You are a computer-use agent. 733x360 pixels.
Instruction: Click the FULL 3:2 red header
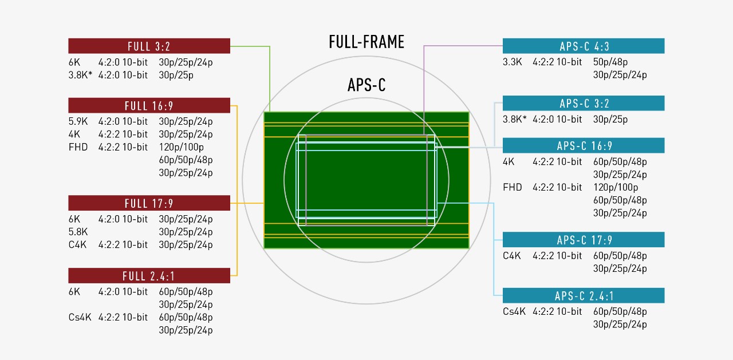pyautogui.click(x=149, y=46)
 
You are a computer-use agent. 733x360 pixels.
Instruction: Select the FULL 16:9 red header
pyautogui.click(x=149, y=106)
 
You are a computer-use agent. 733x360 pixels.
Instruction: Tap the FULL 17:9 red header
pyautogui.click(x=149, y=203)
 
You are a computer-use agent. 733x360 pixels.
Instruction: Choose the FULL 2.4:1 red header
pyautogui.click(x=149, y=276)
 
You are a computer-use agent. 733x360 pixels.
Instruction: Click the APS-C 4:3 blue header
pyautogui.click(x=583, y=46)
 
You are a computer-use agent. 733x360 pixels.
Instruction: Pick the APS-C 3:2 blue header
pyautogui.click(x=583, y=104)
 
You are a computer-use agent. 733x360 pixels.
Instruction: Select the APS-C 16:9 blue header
pyautogui.click(x=583, y=146)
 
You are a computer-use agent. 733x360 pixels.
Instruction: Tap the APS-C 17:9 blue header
pyautogui.click(x=583, y=240)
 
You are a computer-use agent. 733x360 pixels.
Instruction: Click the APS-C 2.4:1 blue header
pyautogui.click(x=583, y=296)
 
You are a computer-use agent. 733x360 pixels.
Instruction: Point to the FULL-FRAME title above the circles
pyautogui.click(x=366, y=42)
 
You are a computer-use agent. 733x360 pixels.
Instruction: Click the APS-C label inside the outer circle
pyautogui.click(x=366, y=85)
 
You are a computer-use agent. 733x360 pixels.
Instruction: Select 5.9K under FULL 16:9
pyautogui.click(x=78, y=121)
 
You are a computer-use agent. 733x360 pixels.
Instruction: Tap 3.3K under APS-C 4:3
pyautogui.click(x=513, y=62)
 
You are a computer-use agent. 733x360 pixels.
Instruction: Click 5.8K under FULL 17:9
pyautogui.click(x=78, y=232)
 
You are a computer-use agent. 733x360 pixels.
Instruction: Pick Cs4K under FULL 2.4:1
pyautogui.click(x=80, y=317)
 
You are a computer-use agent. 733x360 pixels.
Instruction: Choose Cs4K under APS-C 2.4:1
pyautogui.click(x=514, y=311)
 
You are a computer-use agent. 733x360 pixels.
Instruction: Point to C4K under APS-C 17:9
pyautogui.click(x=512, y=255)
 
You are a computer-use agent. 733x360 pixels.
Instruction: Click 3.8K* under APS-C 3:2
pyautogui.click(x=514, y=119)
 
